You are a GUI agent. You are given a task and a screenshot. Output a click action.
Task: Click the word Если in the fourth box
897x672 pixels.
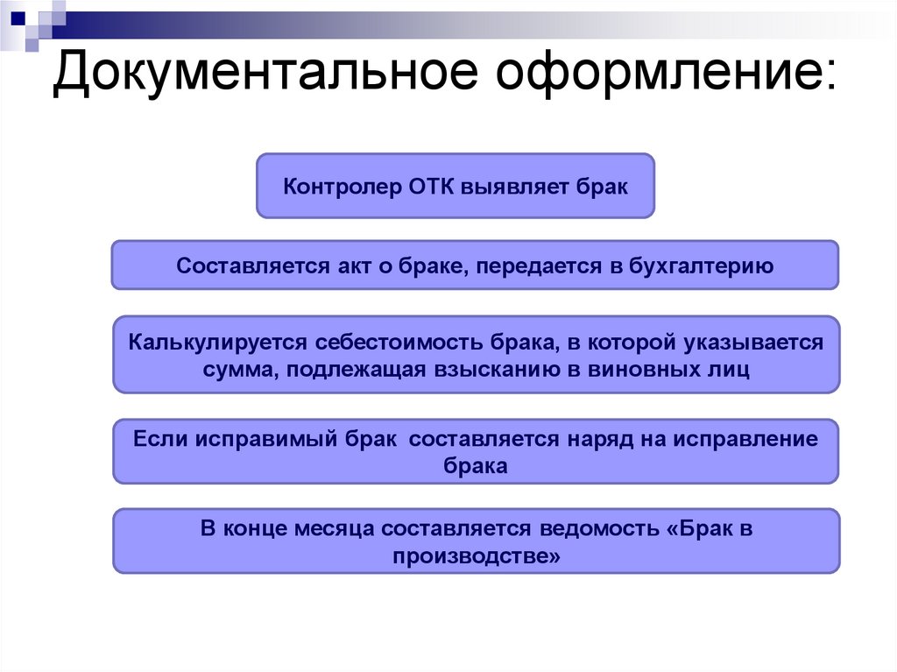[x=158, y=439]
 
